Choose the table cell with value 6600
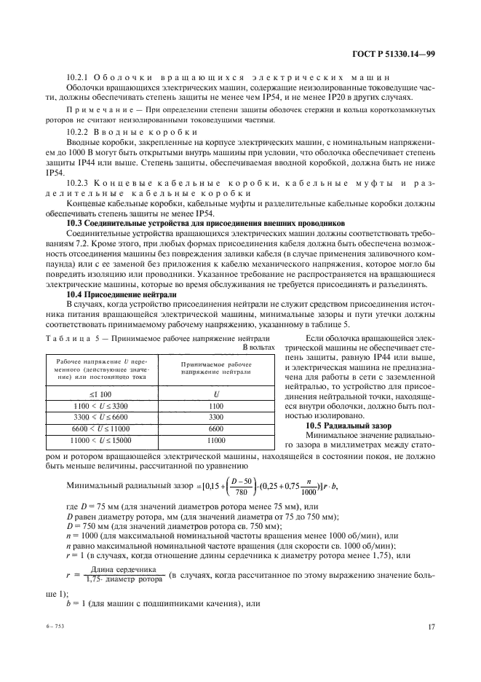coord(215,429)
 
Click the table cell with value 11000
coord(215,442)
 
